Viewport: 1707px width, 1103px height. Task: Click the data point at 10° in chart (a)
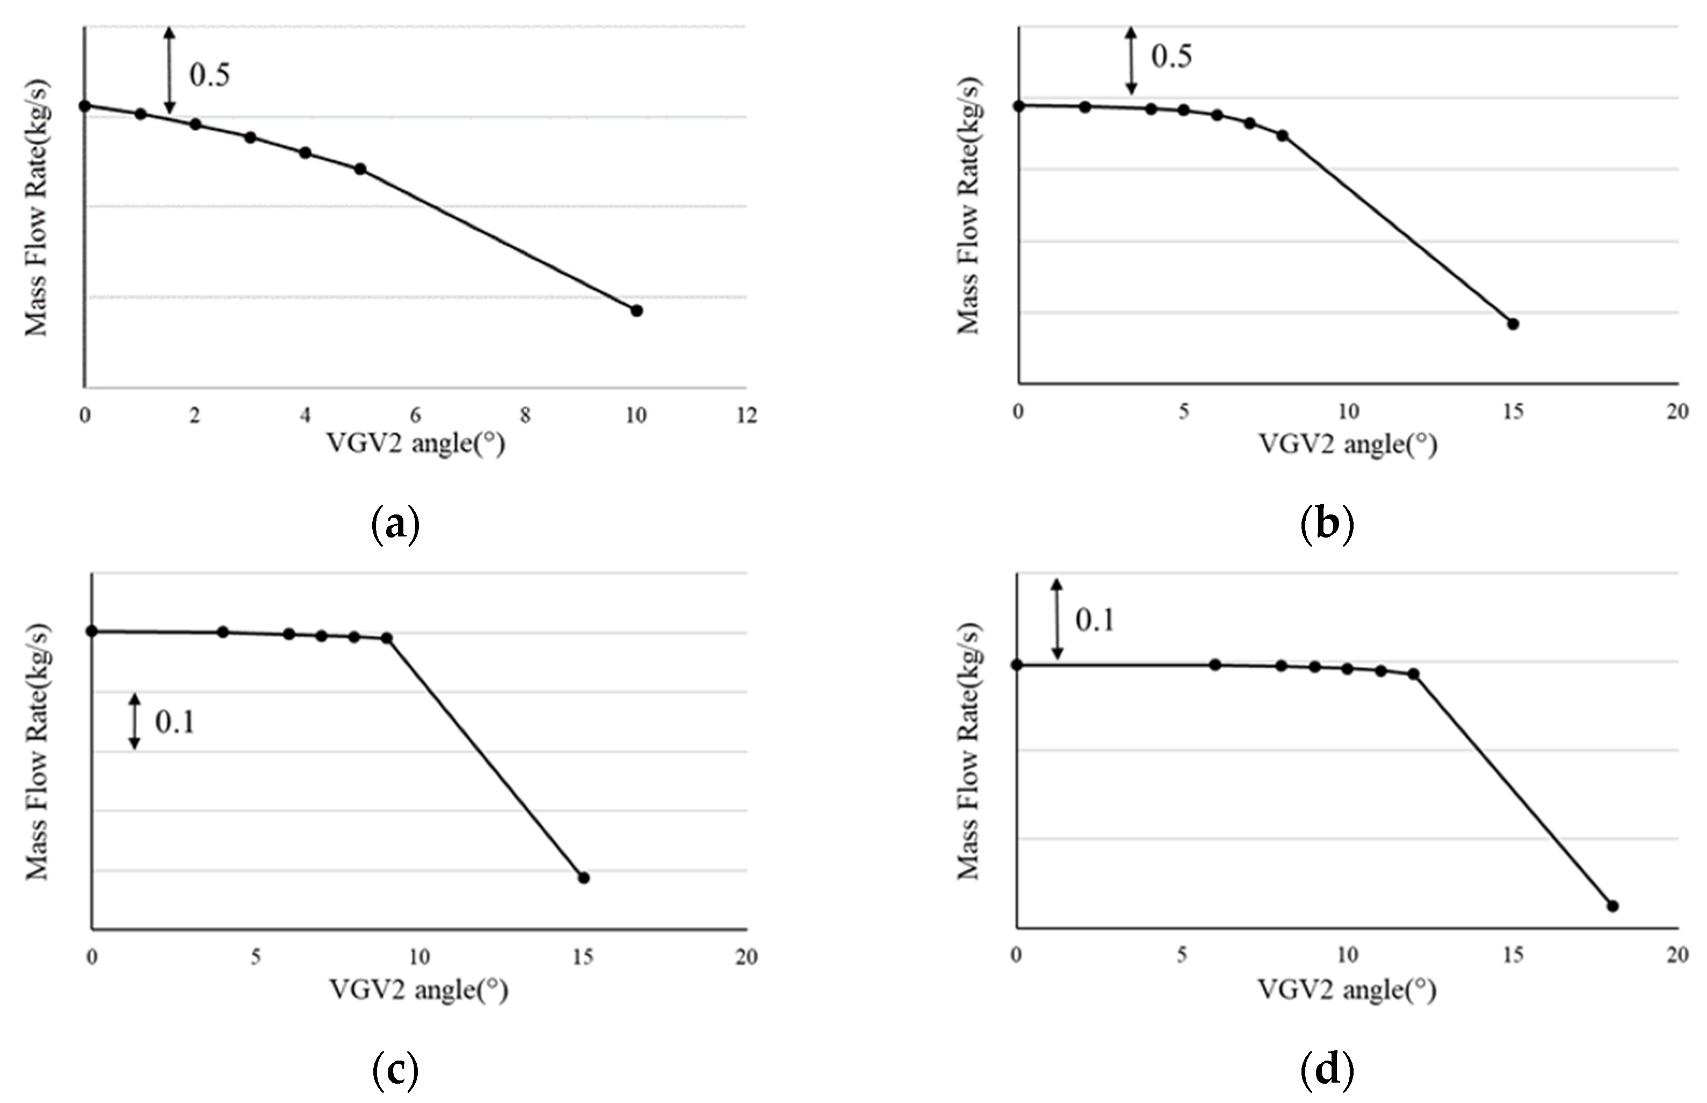(636, 310)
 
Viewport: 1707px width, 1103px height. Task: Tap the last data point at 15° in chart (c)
(584, 877)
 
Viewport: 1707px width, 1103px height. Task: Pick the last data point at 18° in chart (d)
(1612, 906)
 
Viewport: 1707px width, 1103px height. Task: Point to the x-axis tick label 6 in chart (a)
(415, 416)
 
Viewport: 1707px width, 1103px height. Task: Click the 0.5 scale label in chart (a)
(209, 75)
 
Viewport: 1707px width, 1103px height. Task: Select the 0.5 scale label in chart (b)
(1171, 56)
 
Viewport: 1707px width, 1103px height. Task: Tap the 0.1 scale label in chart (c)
(175, 722)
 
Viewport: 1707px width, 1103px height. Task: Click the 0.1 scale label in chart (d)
(1095, 620)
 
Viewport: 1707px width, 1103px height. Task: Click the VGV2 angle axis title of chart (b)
(1348, 445)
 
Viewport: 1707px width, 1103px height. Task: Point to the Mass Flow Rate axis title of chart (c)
(37, 752)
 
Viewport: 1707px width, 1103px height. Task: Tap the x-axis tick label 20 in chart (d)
(1677, 955)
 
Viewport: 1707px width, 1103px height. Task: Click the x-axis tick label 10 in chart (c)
(419, 957)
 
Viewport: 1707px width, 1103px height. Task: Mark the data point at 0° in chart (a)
(84, 106)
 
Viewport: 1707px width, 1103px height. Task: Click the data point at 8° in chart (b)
(1282, 135)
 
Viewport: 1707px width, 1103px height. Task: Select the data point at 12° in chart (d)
(1413, 674)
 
